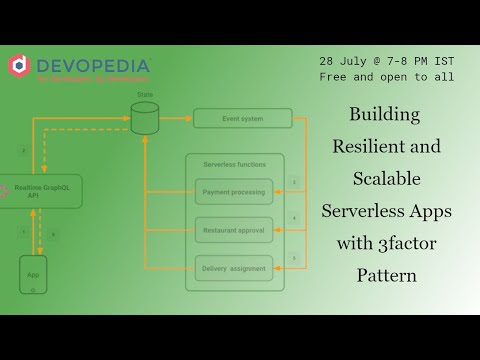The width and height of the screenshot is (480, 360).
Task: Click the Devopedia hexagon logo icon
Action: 19,66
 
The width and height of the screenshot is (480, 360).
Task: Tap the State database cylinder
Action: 144,118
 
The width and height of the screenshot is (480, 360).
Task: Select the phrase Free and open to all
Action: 387,76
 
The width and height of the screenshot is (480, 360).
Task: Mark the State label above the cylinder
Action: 144,93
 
